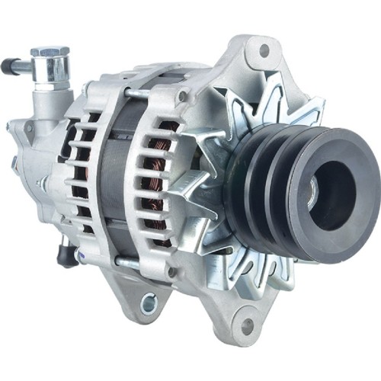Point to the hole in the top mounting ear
264,52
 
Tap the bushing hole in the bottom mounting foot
147,303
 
